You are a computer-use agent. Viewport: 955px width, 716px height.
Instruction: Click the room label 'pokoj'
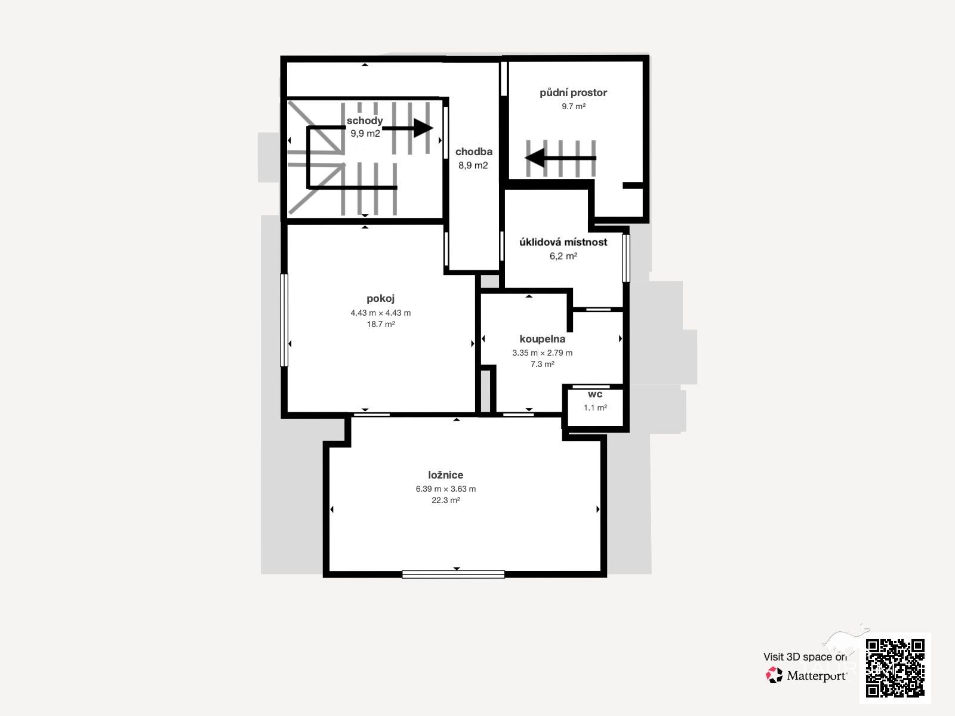(380, 299)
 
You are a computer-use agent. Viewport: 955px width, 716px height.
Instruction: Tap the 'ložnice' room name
(445, 475)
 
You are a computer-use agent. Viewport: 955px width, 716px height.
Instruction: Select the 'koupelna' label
(542, 339)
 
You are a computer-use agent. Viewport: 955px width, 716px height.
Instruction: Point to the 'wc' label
(594, 394)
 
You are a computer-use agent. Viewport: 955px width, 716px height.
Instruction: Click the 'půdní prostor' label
(573, 92)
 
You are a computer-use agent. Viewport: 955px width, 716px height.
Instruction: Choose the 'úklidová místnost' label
(563, 242)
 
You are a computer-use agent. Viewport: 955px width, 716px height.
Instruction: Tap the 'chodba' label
(474, 152)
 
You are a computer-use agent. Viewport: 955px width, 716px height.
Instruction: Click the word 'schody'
(365, 121)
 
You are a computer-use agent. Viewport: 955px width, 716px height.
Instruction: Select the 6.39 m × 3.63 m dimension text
(445, 489)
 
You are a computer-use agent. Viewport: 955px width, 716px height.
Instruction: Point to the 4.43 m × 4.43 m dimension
(380, 313)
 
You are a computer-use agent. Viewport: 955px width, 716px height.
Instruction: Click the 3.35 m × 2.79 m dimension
(542, 353)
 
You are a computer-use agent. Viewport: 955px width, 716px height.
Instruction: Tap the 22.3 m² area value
(445, 500)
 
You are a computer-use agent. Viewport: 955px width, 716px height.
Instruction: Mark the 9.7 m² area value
(573, 106)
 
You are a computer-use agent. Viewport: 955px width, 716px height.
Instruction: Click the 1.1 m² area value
(594, 408)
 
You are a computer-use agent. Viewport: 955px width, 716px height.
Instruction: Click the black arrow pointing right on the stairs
(408, 128)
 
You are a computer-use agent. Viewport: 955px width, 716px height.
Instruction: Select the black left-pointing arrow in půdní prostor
(560, 158)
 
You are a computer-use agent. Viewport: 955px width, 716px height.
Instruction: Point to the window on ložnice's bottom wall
(453, 574)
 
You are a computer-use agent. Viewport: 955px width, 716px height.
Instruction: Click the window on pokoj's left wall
(284, 320)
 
